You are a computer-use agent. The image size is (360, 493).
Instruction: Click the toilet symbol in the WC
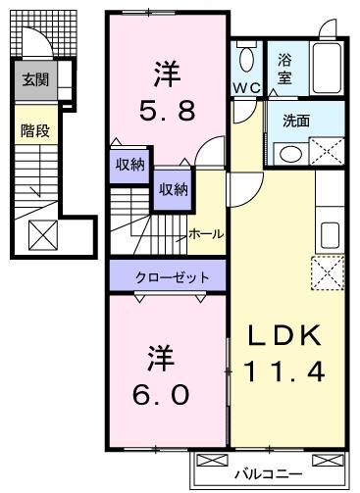pos(247,58)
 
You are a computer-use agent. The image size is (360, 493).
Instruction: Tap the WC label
pos(246,87)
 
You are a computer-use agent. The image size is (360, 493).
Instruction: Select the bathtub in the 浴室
pos(327,68)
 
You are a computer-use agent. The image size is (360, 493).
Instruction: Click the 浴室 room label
pos(284,69)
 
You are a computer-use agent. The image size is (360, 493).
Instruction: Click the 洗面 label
pos(296,121)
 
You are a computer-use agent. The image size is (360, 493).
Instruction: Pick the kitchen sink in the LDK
pos(330,235)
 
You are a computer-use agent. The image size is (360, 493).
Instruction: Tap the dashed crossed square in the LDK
pos(328,272)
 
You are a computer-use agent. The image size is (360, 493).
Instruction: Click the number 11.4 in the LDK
pos(284,371)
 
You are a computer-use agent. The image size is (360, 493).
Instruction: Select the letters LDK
pos(284,336)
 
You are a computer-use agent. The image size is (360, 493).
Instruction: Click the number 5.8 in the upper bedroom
pos(168,110)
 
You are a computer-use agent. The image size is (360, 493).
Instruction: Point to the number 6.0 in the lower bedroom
pos(161,394)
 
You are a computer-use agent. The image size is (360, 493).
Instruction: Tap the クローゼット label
pos(172,277)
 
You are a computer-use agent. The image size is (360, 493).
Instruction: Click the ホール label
pos(206,234)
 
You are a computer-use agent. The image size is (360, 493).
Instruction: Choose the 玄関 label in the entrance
pos(35,79)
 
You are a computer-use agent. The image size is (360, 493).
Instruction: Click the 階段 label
pos(35,131)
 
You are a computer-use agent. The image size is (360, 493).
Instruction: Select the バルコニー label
pos(269,473)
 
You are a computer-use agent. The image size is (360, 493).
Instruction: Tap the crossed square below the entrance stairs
pos(43,235)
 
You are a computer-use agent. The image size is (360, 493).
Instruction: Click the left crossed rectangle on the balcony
pos(213,460)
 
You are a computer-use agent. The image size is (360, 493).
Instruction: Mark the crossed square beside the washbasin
pos(327,151)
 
